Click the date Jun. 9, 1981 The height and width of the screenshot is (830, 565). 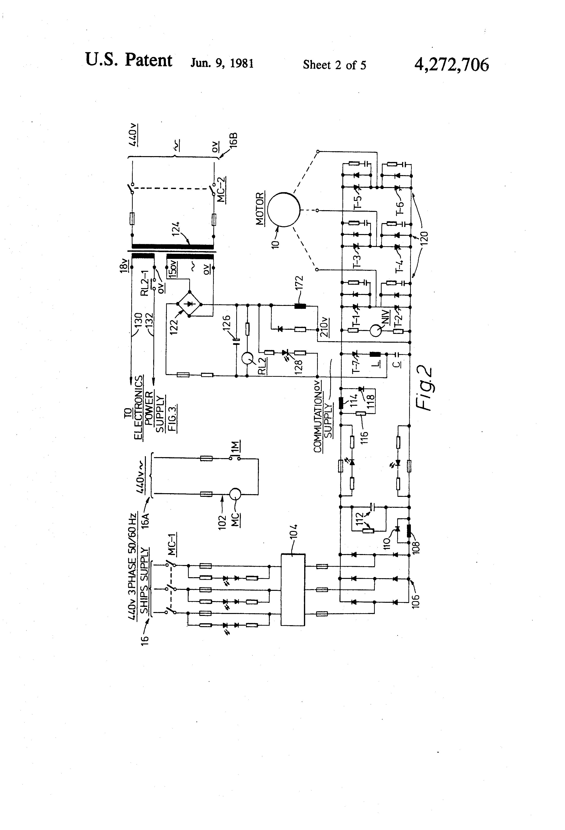[x=222, y=63]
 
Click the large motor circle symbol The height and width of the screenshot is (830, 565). [x=283, y=210]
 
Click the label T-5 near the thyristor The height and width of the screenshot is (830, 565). [x=358, y=202]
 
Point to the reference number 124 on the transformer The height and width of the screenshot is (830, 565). [x=175, y=229]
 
